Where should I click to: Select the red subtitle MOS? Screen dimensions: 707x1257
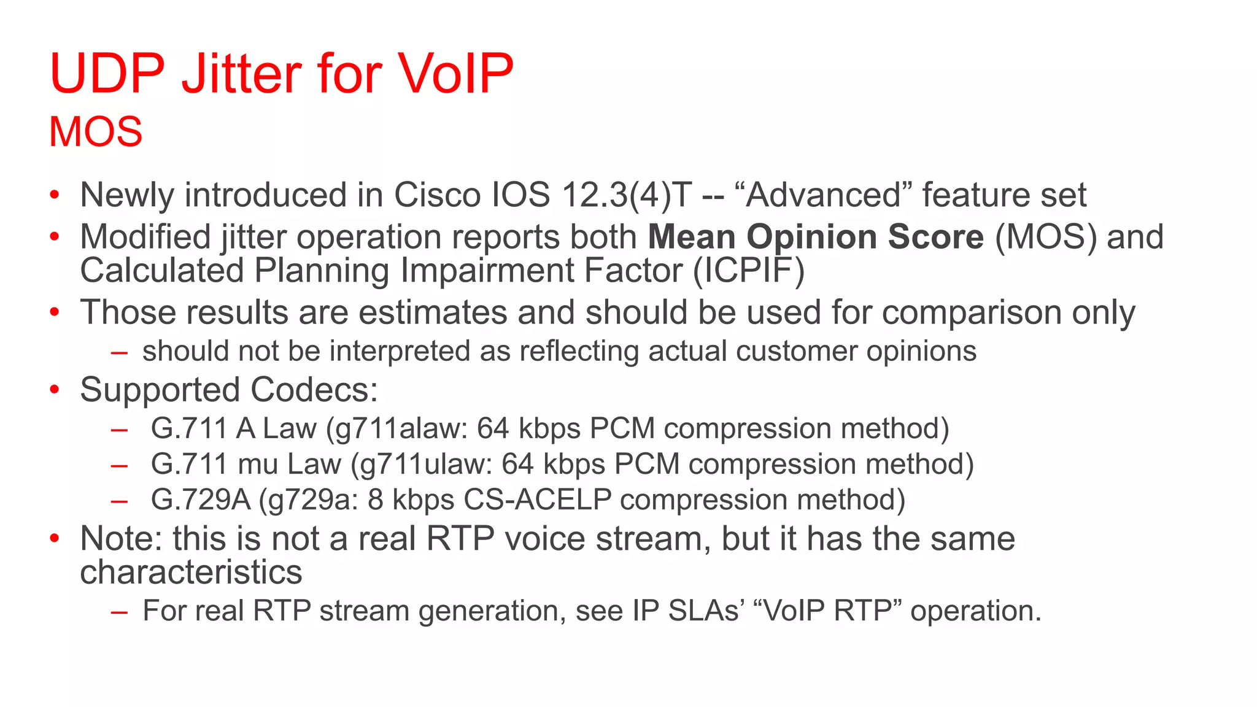(96, 132)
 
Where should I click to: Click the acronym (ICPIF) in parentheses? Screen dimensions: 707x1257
(749, 271)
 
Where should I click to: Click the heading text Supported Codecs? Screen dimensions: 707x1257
(229, 390)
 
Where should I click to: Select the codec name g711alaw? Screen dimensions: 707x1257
(403, 428)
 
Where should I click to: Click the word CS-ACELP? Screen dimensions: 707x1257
(538, 500)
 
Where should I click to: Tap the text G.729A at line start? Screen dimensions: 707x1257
(201, 500)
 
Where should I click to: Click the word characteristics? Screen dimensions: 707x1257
(191, 572)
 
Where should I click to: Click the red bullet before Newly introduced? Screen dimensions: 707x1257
(55, 195)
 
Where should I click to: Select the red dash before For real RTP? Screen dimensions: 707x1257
(119, 611)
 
